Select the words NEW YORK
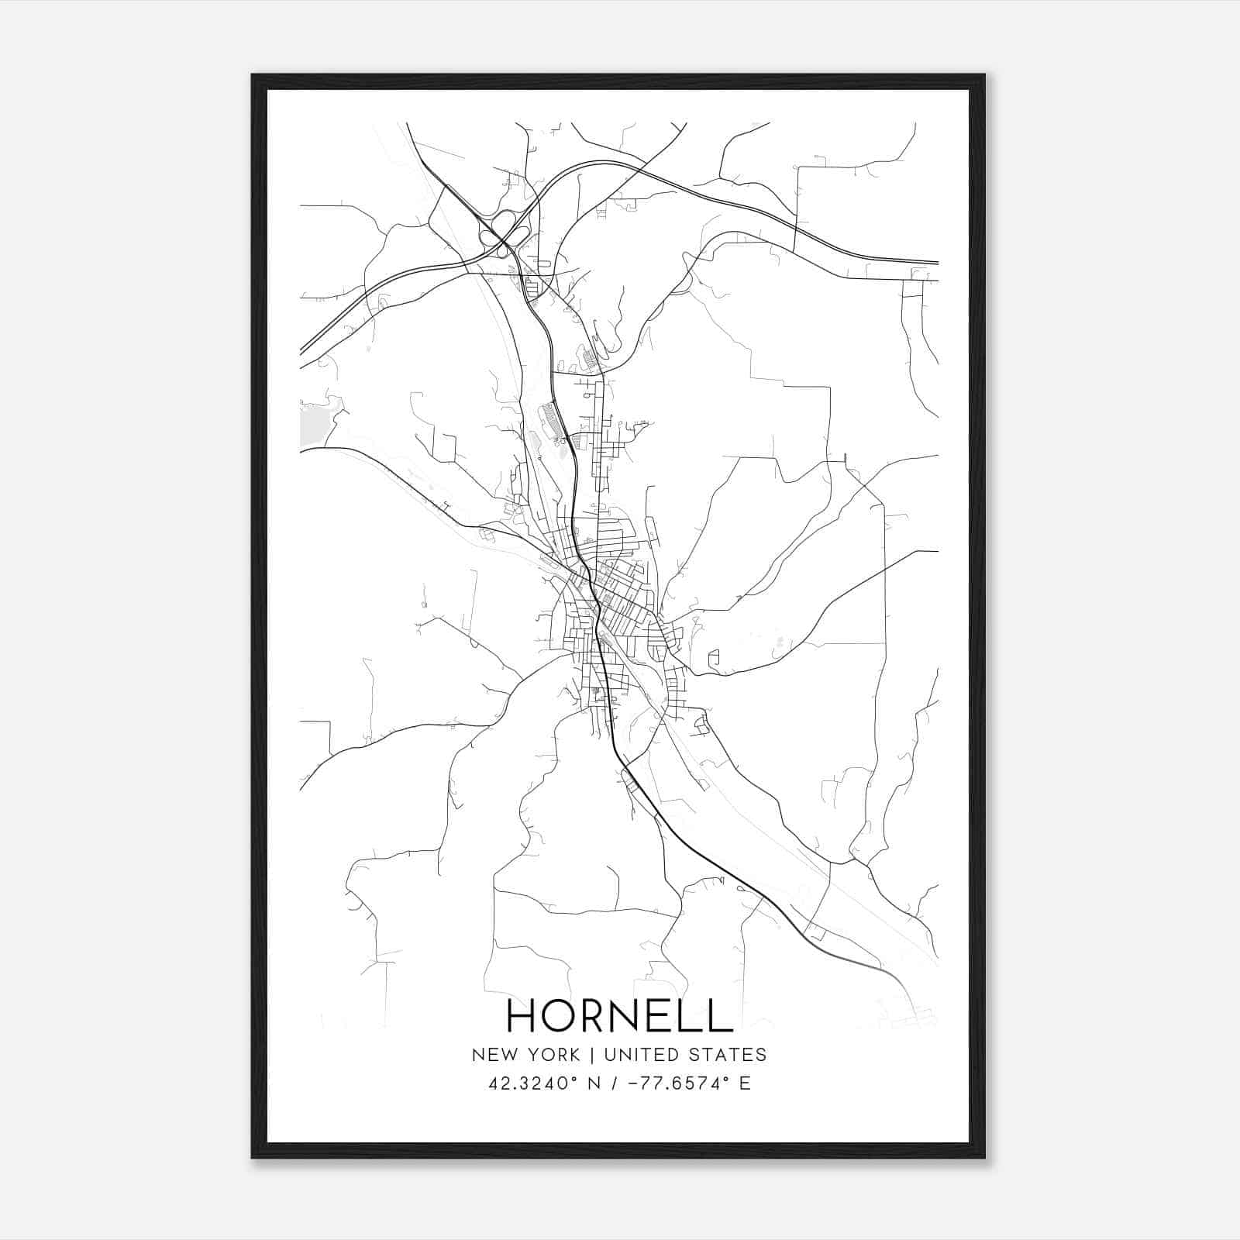(x=525, y=1055)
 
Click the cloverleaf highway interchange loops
(x=505, y=229)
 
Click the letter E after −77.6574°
(x=745, y=1083)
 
